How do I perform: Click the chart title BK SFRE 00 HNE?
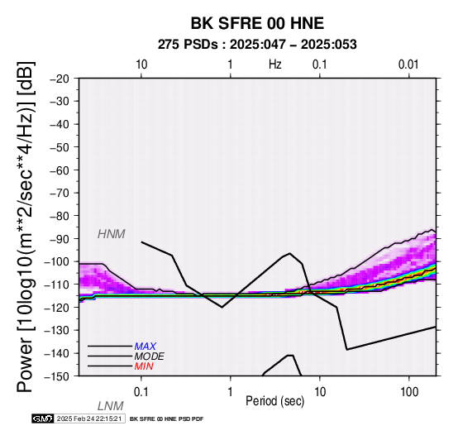coord(257,23)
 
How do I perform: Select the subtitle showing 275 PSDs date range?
coord(257,45)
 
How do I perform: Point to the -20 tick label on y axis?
coord(60,79)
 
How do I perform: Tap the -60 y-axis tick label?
coord(60,170)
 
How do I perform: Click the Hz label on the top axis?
coord(275,65)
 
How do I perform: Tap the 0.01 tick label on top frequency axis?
coord(408,65)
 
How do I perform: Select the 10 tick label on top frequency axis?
coord(141,65)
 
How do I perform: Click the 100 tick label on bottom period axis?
coord(409,392)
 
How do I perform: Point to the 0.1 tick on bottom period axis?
coord(141,392)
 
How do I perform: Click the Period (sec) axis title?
coord(274,401)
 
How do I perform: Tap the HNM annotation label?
coord(112,234)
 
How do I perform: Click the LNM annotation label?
coord(111,406)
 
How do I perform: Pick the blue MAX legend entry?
coord(146,347)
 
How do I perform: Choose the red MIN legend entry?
coord(144,366)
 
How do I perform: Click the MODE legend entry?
coord(150,356)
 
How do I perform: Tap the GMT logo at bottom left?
coord(43,418)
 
